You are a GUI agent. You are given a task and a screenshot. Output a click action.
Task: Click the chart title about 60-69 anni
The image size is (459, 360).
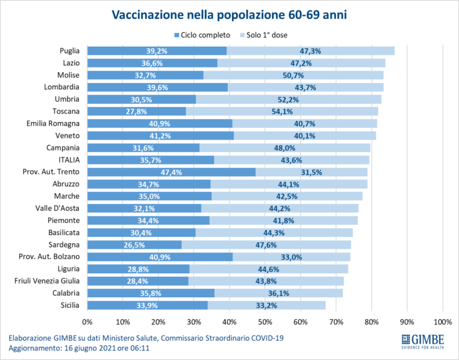pyautogui.click(x=229, y=14)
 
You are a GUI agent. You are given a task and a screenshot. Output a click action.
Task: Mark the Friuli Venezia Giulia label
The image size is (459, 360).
pyautogui.click(x=49, y=281)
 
